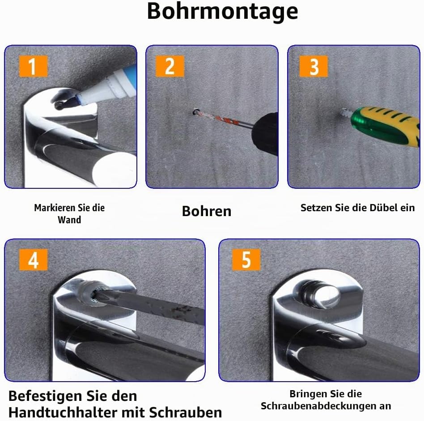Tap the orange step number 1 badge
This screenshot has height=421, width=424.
[33, 66]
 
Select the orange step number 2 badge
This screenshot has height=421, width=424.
[170, 66]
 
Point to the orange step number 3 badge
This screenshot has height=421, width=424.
[314, 66]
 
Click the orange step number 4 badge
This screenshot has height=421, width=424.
[33, 260]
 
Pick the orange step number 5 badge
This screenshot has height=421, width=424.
[246, 260]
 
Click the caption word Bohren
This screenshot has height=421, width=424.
[207, 211]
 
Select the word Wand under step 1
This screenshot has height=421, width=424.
[69, 220]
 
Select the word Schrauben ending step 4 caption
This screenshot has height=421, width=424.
[185, 412]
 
